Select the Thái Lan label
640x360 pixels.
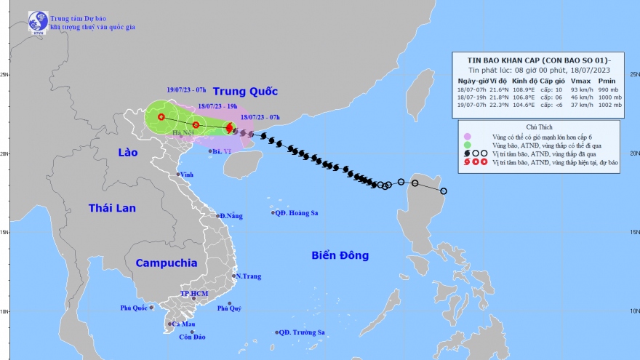(112, 208)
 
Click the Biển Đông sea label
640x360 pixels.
(340, 255)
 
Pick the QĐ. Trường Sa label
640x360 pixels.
(303, 332)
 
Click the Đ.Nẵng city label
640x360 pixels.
(232, 216)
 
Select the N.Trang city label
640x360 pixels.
(247, 276)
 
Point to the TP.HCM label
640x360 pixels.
(194, 293)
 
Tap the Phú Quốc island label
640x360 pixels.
(135, 308)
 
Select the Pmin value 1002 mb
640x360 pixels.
(609, 105)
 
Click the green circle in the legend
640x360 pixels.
(466, 145)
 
